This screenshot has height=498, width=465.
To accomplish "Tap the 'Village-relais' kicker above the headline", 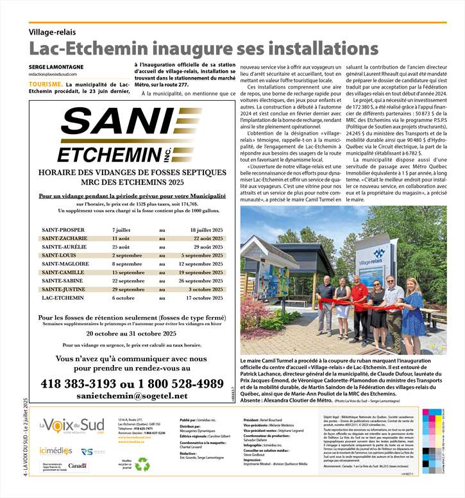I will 52,31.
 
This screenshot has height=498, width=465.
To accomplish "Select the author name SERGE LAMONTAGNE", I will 56,67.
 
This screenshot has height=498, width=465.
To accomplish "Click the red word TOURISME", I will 46,84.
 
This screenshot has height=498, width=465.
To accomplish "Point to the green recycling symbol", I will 142,464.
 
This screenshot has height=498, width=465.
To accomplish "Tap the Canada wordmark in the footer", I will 78,466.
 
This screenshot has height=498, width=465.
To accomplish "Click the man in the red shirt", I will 360,302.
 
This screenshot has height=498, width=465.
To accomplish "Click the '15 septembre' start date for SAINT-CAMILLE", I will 128,272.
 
